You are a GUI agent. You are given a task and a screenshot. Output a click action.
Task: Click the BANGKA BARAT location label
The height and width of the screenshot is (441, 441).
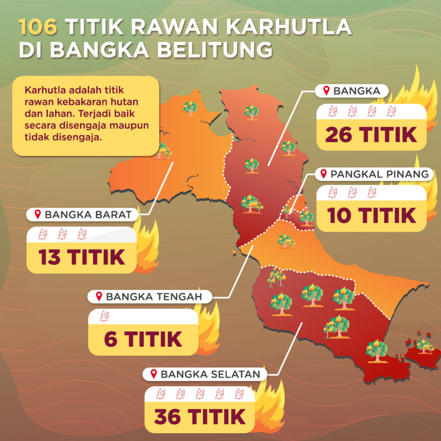tap(88, 214)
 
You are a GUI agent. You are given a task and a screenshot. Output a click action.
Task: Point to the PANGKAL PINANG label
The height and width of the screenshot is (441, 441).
tap(379, 174)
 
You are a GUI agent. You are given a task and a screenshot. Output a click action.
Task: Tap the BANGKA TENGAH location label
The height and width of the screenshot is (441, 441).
tap(153, 296)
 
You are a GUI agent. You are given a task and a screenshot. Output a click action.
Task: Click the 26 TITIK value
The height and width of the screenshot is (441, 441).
tap(371, 134)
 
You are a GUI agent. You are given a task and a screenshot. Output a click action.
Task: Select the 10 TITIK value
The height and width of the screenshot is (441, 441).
tap(372, 215)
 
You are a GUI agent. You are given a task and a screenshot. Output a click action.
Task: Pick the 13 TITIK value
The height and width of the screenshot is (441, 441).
tap(82, 258)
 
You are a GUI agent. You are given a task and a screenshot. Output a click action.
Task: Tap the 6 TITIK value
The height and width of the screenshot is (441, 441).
tap(143, 339)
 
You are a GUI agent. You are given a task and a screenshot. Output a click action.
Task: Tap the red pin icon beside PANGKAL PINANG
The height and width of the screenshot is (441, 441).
tap(324, 174)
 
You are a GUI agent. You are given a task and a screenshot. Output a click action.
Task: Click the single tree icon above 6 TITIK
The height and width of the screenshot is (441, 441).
tap(104, 316)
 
